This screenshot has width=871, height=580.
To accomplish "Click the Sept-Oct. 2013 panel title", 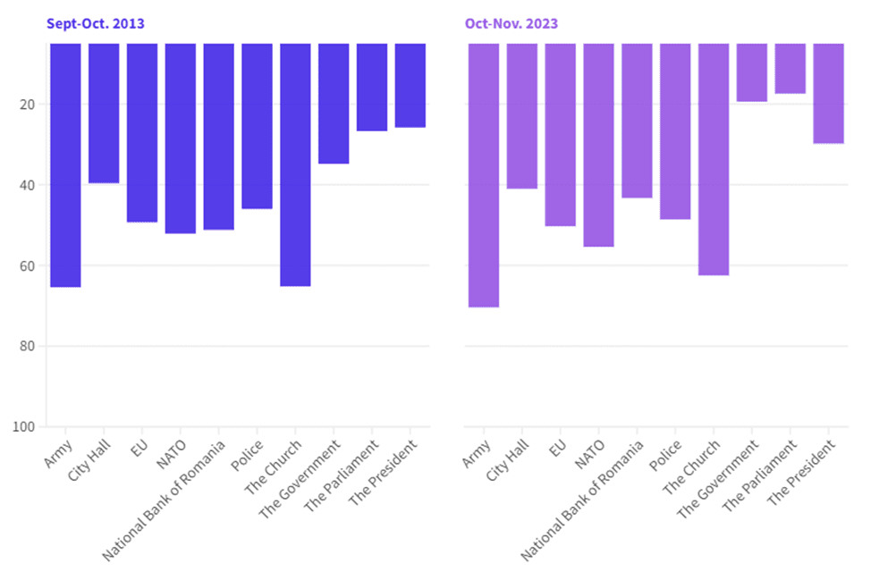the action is tap(96, 24).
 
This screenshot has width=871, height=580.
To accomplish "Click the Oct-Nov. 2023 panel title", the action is tap(512, 24).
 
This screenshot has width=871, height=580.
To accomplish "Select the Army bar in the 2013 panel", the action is tap(65, 165).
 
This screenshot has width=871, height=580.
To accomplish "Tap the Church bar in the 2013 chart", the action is tap(295, 164).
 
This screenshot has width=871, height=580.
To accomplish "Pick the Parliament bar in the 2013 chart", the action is tap(372, 88).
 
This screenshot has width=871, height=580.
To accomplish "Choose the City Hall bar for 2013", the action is tap(104, 113).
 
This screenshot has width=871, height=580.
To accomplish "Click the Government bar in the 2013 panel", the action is tap(334, 104).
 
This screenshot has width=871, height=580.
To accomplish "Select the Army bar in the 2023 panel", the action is tap(484, 175).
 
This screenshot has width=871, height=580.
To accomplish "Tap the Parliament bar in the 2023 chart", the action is tap(791, 69).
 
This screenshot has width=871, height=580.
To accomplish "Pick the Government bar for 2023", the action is tap(752, 72).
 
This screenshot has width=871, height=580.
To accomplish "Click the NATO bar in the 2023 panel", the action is tap(599, 146).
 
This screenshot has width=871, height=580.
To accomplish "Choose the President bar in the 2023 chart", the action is tap(829, 94).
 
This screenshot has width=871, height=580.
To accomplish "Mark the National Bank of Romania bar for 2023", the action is tap(637, 121).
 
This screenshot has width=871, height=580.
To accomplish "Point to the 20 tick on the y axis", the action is tap(27, 105).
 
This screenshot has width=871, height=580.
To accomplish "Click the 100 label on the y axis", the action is tap(24, 427).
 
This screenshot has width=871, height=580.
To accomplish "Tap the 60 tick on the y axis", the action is tap(27, 265).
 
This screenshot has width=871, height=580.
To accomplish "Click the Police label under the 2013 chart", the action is tap(247, 456).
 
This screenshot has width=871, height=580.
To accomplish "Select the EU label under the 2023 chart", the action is tap(558, 448).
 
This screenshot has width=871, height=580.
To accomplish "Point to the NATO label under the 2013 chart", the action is tap(172, 454).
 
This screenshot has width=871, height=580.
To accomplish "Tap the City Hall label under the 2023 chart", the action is tap(508, 460).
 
